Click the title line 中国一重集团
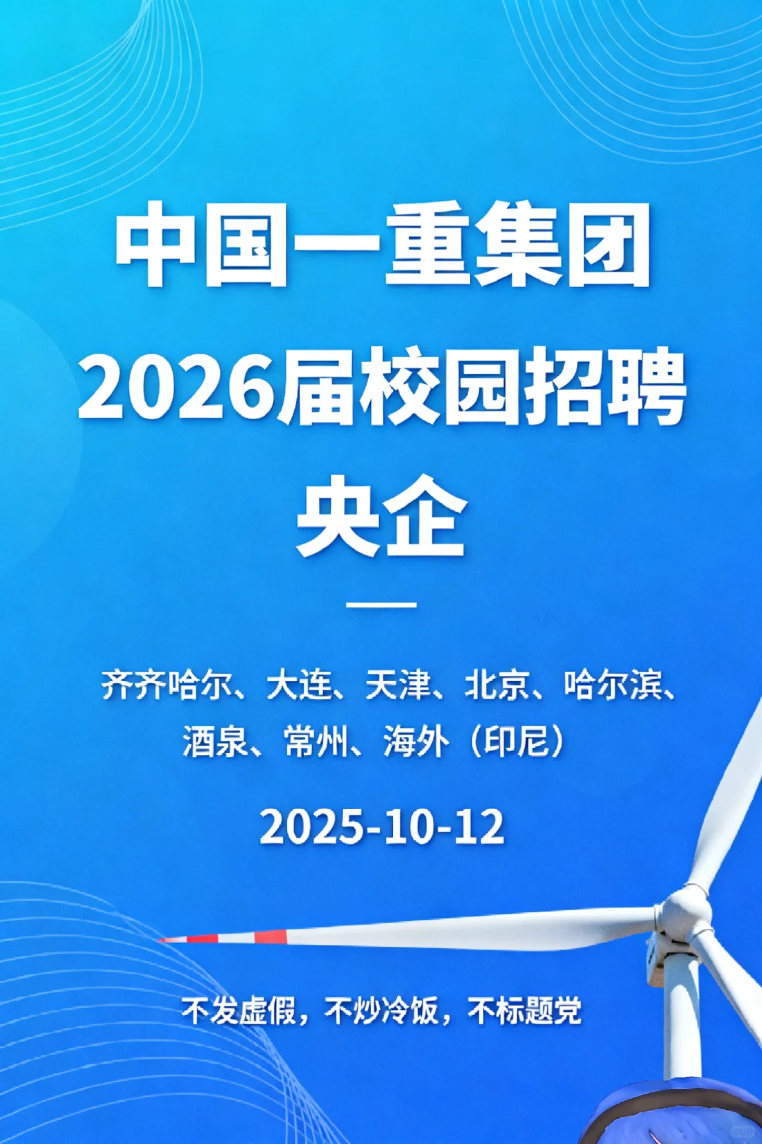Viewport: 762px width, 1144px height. tap(382, 244)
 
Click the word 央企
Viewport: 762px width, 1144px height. tap(382, 515)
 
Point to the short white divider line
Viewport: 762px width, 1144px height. tap(382, 605)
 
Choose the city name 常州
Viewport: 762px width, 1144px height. tap(316, 742)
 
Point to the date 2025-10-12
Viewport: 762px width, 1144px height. tap(382, 827)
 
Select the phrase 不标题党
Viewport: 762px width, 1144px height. tap(525, 1011)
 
